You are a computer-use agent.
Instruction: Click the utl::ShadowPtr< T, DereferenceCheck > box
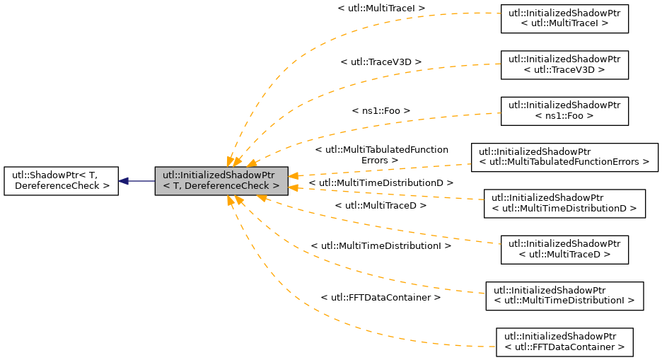point(61,181)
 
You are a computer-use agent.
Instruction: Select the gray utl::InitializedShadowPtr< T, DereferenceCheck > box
point(221,181)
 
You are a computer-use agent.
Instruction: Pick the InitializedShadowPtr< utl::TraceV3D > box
point(564,64)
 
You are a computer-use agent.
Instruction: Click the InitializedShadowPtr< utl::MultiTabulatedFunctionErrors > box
point(564,157)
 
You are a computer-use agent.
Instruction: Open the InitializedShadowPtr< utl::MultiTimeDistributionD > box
point(564,203)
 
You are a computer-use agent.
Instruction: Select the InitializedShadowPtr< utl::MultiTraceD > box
point(564,250)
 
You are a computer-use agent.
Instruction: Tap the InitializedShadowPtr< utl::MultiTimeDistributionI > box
point(564,296)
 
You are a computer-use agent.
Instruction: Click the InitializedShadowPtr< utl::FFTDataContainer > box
point(564,342)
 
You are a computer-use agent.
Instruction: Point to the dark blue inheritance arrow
point(137,181)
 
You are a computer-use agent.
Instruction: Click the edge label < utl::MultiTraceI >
point(381,8)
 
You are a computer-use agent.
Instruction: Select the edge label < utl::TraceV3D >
point(381,62)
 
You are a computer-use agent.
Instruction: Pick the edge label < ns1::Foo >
point(381,111)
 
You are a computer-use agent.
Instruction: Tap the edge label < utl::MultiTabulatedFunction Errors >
point(381,155)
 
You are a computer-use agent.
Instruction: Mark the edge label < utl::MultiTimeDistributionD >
point(381,183)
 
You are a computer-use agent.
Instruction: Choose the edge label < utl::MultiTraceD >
point(381,206)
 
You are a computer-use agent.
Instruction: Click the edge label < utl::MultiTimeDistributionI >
point(381,246)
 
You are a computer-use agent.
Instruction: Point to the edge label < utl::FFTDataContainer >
point(381,298)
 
